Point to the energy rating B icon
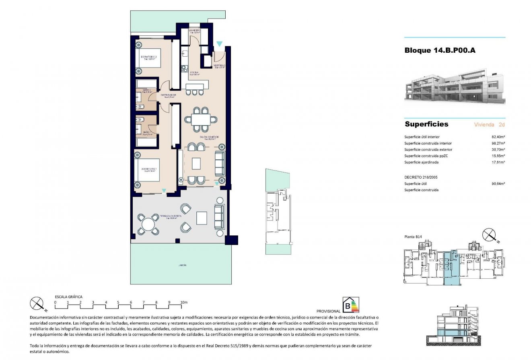click(350, 305)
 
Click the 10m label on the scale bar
click(184, 302)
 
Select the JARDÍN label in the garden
click(183, 265)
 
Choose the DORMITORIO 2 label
click(148, 57)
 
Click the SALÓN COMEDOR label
click(208, 137)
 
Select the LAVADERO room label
click(195, 31)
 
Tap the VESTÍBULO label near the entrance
click(219, 65)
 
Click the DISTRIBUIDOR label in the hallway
click(168, 95)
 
